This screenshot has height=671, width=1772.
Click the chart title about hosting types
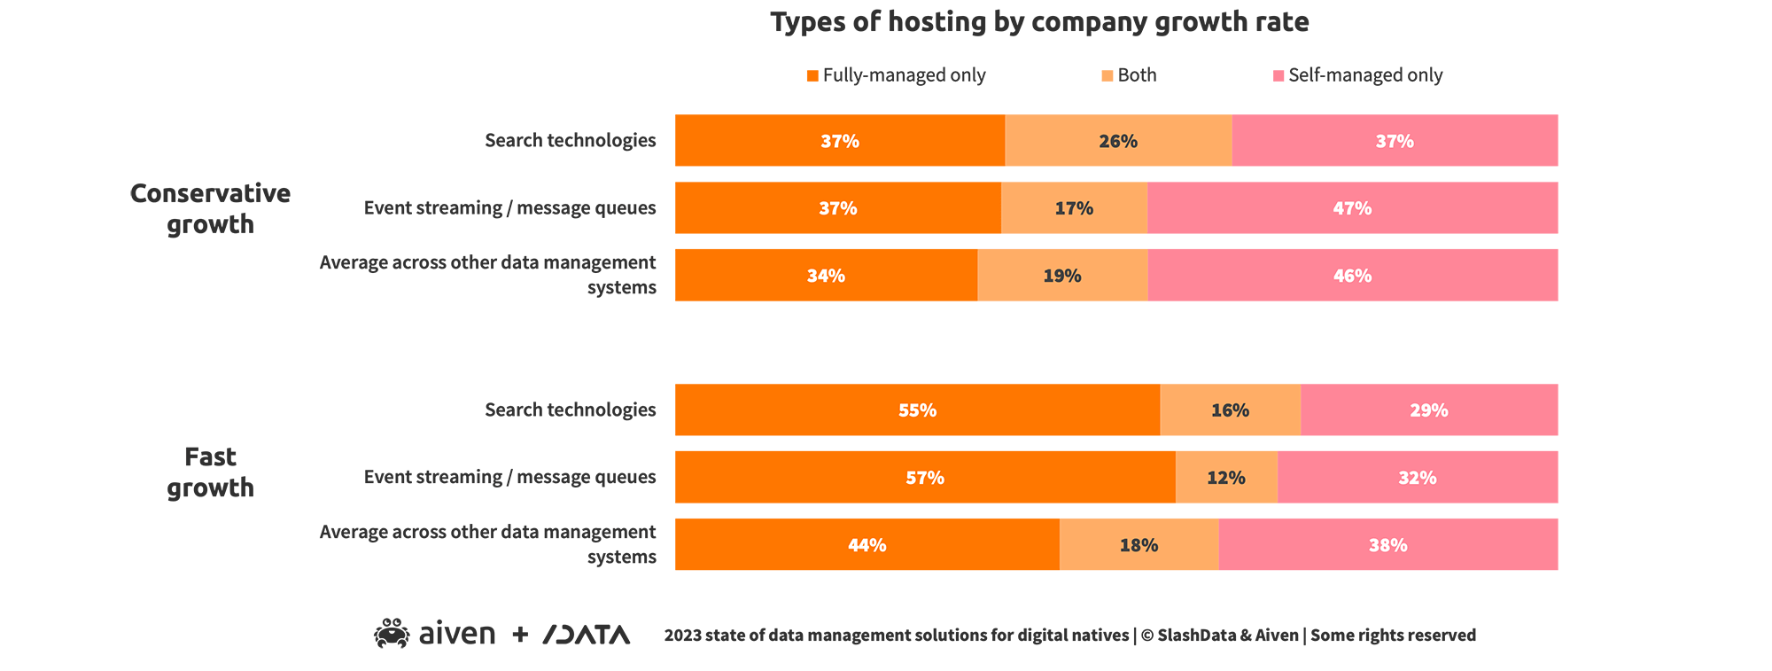coord(1039,22)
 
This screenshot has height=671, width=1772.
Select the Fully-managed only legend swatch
coord(812,76)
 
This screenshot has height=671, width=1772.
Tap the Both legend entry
coord(1129,75)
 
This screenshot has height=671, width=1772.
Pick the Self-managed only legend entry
coord(1357,75)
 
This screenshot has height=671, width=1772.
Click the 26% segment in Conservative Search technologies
coord(1118,141)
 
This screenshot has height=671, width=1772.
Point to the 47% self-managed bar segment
coord(1352,208)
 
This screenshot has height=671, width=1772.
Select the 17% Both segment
coord(1074,208)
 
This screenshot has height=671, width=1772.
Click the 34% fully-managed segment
coord(826,276)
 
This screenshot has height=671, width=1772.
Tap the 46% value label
coord(1352,276)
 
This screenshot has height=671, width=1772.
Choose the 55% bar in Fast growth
coord(917,410)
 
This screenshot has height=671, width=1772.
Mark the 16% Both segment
coord(1230,410)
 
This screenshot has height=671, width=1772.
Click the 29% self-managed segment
coord(1429,410)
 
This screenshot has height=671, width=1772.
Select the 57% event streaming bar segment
coord(925,478)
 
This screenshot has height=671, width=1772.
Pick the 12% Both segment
coord(1226,478)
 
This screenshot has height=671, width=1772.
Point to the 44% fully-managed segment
coord(867,545)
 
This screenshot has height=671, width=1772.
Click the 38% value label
coord(1387,545)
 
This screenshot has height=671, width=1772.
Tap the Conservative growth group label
coord(210,208)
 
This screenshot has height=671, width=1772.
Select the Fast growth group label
coord(210,472)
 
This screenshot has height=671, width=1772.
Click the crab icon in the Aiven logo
coord(391,634)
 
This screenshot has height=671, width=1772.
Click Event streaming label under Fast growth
coord(509,477)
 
